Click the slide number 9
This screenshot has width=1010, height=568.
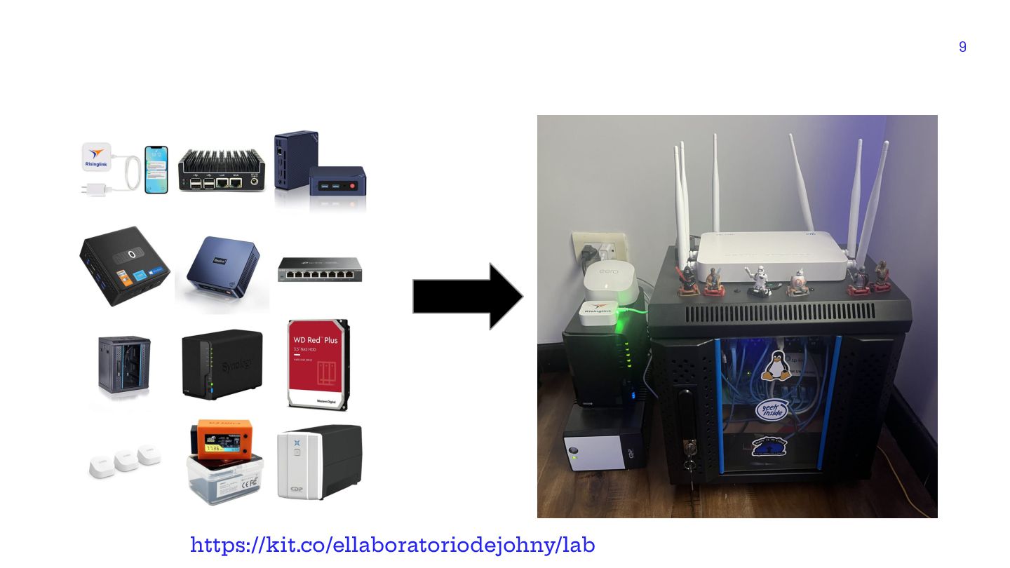pyautogui.click(x=962, y=47)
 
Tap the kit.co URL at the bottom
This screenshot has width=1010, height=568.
pyautogui.click(x=392, y=545)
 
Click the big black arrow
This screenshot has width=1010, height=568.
pyautogui.click(x=467, y=297)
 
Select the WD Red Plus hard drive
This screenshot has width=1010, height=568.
pyautogui.click(x=318, y=364)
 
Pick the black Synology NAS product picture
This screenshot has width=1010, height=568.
pyautogui.click(x=222, y=365)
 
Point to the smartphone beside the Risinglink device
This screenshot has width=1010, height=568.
pyautogui.click(x=156, y=169)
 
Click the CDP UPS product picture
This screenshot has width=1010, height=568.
pyautogui.click(x=319, y=462)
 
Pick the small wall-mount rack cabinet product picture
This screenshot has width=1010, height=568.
pyautogui.click(x=124, y=364)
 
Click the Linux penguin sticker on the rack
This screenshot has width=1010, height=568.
pyautogui.click(x=776, y=367)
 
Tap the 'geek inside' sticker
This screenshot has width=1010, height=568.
pyautogui.click(x=771, y=411)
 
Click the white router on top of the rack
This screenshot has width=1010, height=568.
pyautogui.click(x=772, y=257)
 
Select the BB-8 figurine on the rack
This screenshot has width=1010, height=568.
pyautogui.click(x=797, y=283)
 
